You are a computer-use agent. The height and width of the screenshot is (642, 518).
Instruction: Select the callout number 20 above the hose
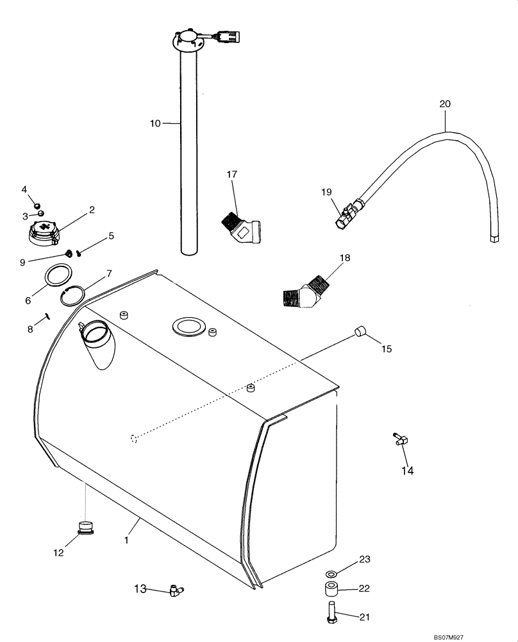446,103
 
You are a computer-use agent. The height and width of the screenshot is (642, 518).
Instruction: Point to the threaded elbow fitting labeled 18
306,291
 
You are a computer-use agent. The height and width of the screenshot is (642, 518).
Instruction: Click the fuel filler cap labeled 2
45,234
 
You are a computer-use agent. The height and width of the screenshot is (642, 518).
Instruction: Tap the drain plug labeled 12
85,528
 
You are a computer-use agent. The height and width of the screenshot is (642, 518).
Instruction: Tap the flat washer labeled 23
331,572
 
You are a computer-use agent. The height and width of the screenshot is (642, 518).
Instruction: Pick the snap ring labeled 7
74,297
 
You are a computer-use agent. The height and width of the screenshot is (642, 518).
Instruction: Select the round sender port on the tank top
188,327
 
